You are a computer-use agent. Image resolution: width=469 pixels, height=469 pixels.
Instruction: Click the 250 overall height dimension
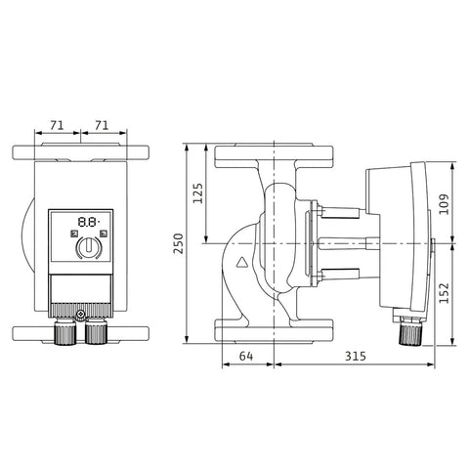point(178,243)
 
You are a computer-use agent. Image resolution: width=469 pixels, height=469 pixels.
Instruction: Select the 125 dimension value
point(197,193)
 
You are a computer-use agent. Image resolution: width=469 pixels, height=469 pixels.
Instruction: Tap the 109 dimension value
point(444,204)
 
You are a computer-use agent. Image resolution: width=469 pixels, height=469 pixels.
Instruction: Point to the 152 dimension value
point(444,293)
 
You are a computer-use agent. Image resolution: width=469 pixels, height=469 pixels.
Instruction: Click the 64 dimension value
point(246,356)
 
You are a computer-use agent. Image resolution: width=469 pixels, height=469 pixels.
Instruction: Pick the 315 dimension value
point(356,356)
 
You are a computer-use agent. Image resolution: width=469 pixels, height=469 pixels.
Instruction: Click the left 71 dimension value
point(57,125)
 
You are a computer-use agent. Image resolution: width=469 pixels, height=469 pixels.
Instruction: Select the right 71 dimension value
point(102,125)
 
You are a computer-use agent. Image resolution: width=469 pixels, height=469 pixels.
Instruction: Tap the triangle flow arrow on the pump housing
point(242,262)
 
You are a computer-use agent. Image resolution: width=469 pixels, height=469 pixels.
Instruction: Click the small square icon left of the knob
point(74,234)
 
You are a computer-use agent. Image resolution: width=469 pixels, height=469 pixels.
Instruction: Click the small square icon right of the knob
point(104,234)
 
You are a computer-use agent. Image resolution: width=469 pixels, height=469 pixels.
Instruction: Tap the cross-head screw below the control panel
point(80,315)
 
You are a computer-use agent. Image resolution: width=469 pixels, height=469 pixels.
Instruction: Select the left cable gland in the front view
point(65,331)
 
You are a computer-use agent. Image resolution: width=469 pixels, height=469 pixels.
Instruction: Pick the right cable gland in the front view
point(96,331)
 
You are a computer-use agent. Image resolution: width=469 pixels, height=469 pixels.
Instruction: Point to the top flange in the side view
point(274,155)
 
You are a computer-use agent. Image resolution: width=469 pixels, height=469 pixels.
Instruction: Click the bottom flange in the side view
point(274,331)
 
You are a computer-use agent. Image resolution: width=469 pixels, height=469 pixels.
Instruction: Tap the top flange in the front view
point(81,151)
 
